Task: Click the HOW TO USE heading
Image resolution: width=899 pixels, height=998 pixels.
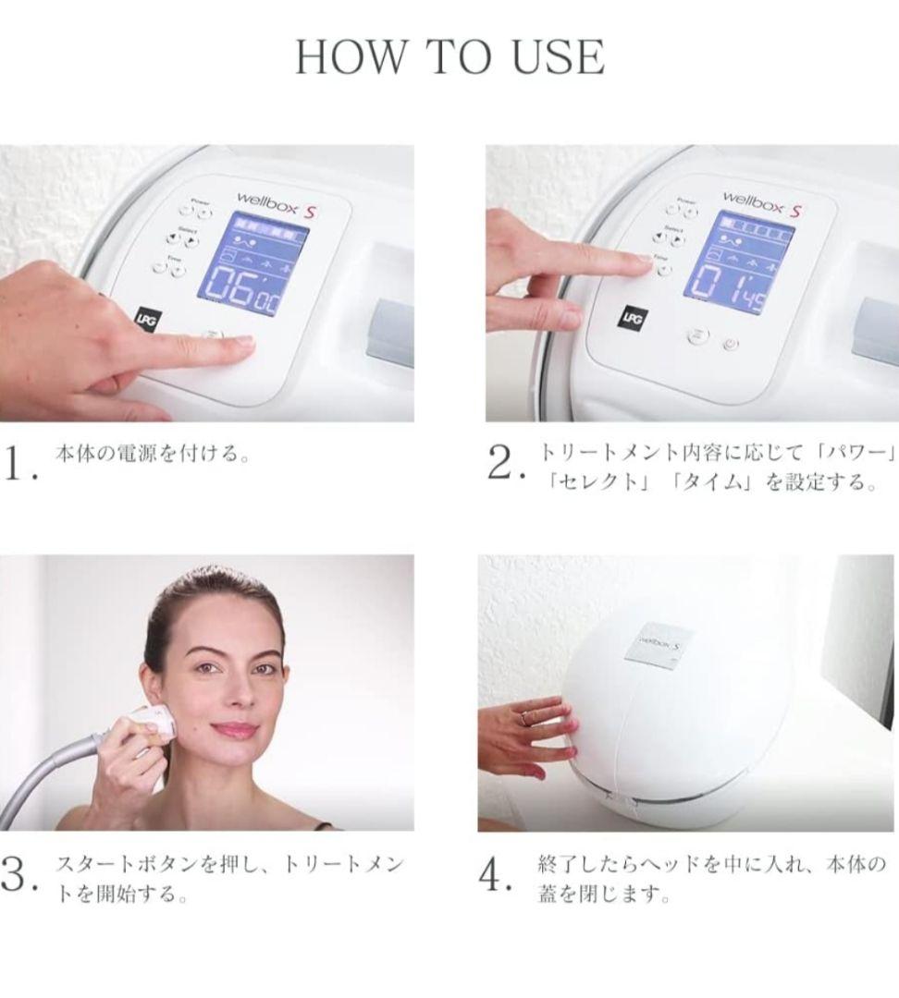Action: point(449,57)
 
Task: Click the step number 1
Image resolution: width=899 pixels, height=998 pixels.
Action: point(18,463)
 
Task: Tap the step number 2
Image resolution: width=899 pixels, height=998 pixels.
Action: point(503,463)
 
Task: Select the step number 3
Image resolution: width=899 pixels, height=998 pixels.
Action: point(18,873)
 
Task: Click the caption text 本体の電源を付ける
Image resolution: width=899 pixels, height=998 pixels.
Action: point(154,455)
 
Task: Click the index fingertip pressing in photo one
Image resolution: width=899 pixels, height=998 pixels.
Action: point(242,343)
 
